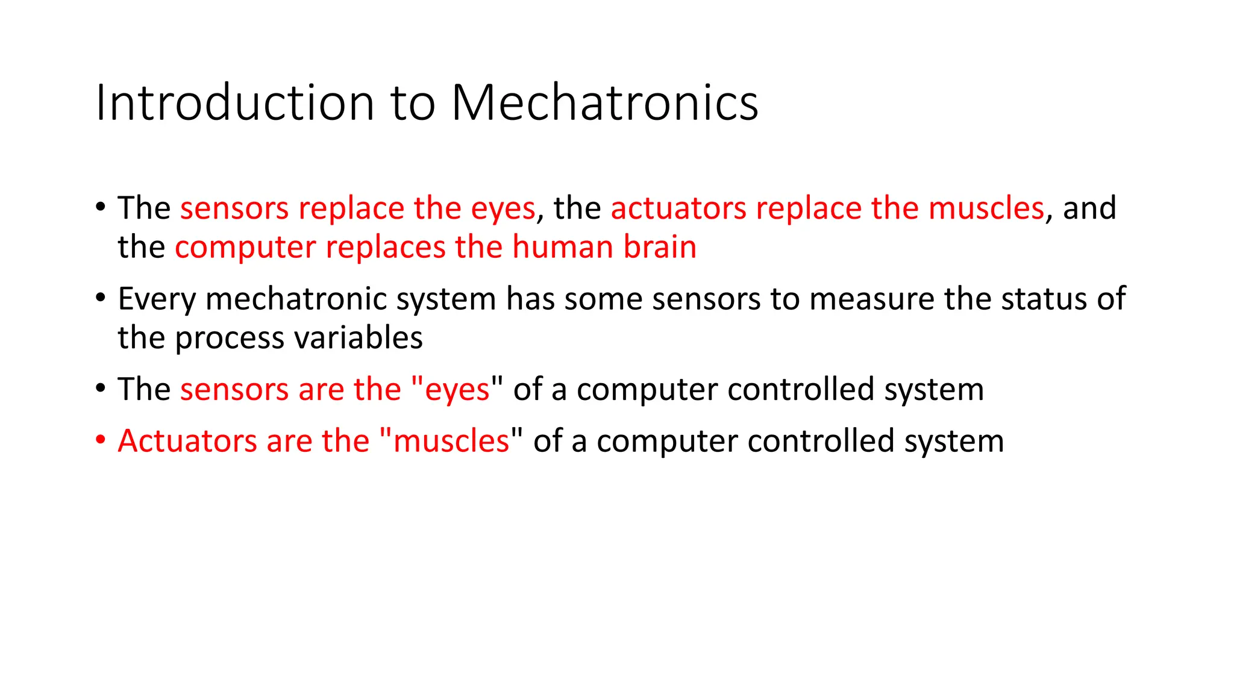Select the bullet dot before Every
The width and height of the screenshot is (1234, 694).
101,297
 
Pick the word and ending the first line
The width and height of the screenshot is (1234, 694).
1089,208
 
